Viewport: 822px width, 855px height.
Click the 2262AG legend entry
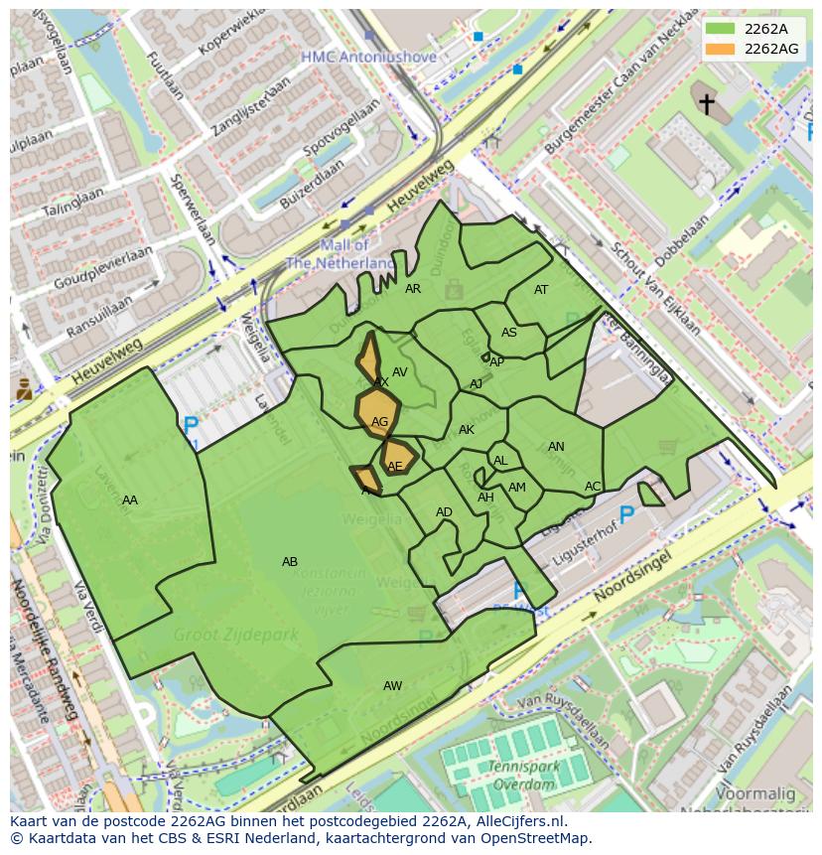click(754, 48)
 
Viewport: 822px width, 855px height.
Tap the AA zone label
click(130, 500)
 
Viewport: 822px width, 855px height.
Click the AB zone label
click(290, 562)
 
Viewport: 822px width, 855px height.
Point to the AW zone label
click(393, 686)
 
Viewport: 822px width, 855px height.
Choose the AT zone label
click(541, 290)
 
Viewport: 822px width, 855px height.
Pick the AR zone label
click(414, 289)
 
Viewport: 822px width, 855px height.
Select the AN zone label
click(556, 447)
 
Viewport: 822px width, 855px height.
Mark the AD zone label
click(444, 512)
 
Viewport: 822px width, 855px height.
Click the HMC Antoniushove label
click(368, 58)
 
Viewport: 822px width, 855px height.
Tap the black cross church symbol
click(707, 103)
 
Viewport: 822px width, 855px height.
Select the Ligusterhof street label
click(585, 534)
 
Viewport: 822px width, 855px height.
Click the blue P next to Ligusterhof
click(626, 514)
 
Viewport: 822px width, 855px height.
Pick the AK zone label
click(467, 430)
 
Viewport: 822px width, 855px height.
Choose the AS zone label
click(509, 333)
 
